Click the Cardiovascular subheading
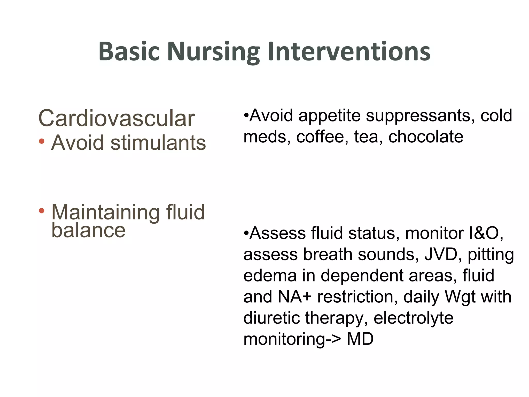116,118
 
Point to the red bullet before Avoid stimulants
42,141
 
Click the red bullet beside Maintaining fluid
42,211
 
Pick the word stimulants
158,143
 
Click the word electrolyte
413,318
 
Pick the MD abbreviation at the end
360,339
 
